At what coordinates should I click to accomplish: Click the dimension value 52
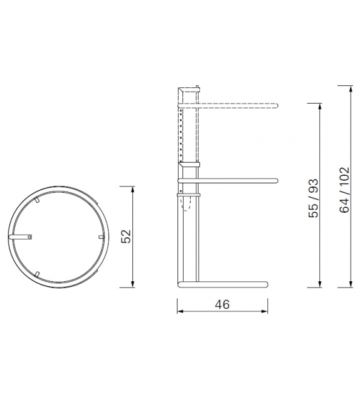(x=126, y=237)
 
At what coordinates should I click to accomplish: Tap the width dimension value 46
(x=222, y=304)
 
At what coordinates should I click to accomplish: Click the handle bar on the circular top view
(x=24, y=237)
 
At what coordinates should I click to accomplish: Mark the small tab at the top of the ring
(x=38, y=200)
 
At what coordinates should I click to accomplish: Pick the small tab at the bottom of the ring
(x=38, y=273)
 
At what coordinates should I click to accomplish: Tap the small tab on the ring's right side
(x=100, y=237)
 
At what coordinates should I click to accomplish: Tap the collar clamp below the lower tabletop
(x=189, y=195)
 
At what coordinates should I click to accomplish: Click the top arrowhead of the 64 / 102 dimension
(x=350, y=88)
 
